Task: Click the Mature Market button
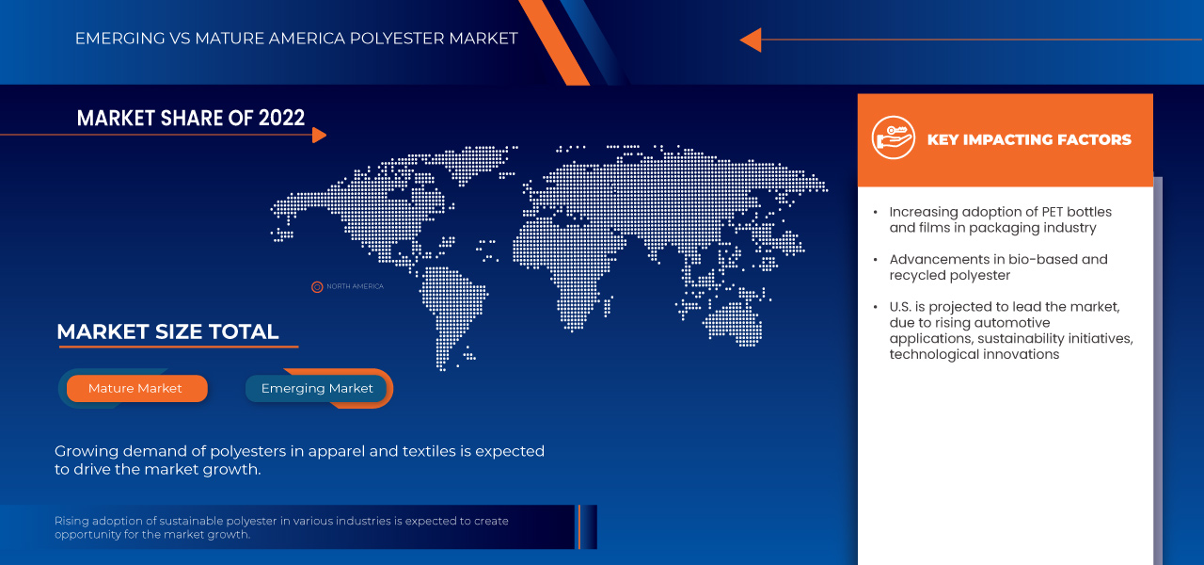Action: [135, 388]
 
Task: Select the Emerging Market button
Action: [317, 388]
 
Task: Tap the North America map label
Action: [355, 286]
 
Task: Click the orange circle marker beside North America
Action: [317, 286]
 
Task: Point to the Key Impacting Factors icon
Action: [893, 139]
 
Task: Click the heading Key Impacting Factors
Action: [1029, 139]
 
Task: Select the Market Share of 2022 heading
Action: [191, 118]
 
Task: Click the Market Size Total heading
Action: [167, 331]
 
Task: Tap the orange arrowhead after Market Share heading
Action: [319, 135]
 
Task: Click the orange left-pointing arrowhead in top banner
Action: [750, 40]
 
